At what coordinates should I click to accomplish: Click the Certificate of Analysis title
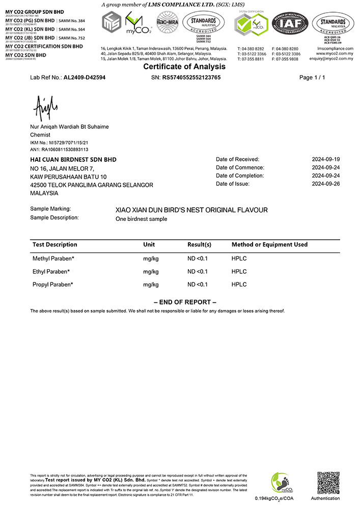pos(184,67)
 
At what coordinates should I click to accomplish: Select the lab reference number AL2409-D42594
pos(85,78)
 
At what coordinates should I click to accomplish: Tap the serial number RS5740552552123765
pos(191,78)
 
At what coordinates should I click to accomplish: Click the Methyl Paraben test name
pos(53,259)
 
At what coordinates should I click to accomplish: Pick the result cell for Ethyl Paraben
pos(198,271)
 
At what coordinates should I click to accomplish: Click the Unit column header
pos(149,245)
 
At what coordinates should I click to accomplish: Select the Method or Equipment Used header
pos(269,245)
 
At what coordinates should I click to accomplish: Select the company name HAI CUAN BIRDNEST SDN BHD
pos(73,159)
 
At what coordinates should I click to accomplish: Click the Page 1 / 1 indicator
pos(312,78)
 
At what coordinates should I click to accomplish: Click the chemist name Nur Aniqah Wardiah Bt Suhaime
pos(69,126)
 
